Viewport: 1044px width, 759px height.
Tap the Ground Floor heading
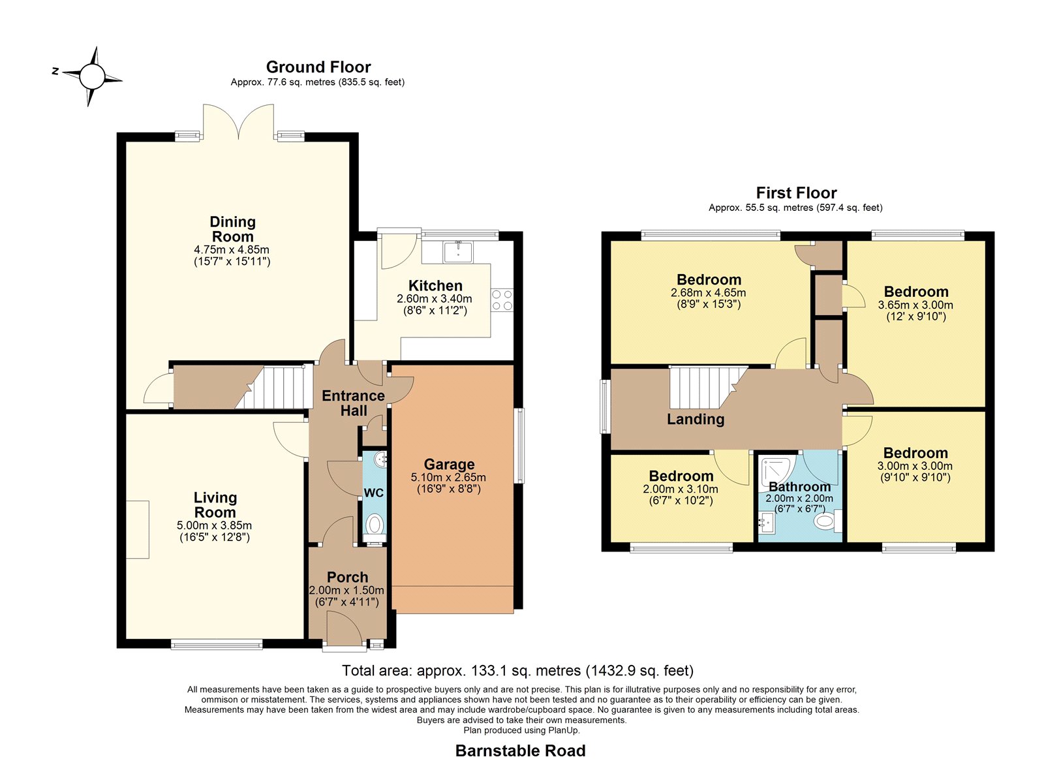point(318,67)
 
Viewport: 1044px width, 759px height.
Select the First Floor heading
point(796,193)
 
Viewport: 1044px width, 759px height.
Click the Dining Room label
point(232,229)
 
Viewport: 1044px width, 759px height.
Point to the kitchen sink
point(458,252)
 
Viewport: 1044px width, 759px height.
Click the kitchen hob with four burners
point(502,300)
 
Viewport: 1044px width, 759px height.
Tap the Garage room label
point(450,464)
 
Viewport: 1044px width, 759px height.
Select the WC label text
point(373,493)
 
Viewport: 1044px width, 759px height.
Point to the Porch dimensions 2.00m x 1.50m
point(346,590)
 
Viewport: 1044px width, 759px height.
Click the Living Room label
point(215,505)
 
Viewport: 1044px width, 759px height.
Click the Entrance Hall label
point(353,403)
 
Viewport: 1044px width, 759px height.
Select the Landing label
point(696,419)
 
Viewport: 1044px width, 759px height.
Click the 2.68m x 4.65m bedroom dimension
point(709,293)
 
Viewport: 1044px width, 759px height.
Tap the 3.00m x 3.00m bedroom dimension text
point(915,466)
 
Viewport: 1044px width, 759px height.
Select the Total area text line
point(518,670)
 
